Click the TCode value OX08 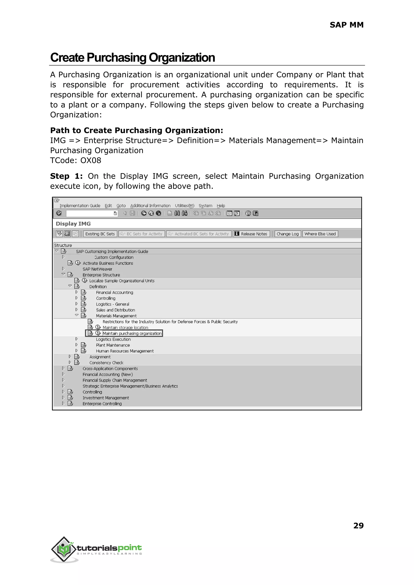(91, 160)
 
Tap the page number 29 (358, 525)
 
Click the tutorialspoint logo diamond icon (64, 549)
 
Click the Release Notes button (251, 234)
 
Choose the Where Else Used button (320, 234)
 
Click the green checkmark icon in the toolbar (59, 213)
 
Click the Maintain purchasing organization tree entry (132, 333)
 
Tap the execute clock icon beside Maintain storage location (98, 327)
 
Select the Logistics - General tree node (112, 304)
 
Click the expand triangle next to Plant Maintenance (76, 345)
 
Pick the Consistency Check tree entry (106, 362)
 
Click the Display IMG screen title (73, 224)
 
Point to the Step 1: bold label (66, 176)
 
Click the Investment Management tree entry (106, 398)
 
